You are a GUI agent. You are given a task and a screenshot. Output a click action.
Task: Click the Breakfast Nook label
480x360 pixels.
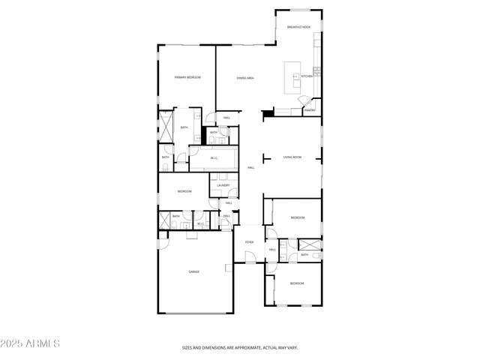coord(298,26)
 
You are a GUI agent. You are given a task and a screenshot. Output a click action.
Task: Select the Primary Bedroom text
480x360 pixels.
coord(187,77)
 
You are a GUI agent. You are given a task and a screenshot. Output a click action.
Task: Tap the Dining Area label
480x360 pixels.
coord(244,77)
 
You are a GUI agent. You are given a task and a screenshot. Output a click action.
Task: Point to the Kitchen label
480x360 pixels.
coord(307,76)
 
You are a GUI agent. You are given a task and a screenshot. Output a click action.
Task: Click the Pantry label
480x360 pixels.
coord(310,110)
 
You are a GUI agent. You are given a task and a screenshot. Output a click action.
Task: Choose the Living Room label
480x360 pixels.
coord(292,157)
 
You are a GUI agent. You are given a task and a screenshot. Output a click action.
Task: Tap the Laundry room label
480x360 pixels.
coord(223,185)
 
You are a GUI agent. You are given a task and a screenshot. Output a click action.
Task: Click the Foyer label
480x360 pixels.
coord(249,242)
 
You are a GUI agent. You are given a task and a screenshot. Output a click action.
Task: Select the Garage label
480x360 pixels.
coord(193,271)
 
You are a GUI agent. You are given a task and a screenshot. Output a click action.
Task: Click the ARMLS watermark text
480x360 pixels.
coord(31,343)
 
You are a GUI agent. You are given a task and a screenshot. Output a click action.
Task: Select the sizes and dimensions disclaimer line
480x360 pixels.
coord(240,348)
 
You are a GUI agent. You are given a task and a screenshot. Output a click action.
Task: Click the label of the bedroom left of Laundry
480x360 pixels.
coord(184,192)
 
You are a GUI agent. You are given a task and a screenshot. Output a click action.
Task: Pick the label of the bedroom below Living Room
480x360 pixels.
coord(298,217)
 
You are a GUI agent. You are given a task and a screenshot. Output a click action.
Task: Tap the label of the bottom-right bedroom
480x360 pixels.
coord(298,283)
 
